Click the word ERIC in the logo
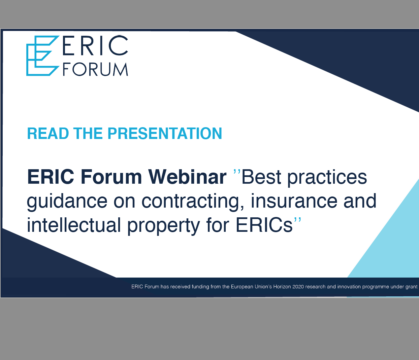95,45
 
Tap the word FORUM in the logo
95,69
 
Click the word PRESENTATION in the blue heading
165,134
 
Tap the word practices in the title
327,178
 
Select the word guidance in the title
67,202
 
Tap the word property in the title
164,226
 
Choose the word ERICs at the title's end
264,225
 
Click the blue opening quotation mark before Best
237,172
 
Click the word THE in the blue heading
88,134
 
